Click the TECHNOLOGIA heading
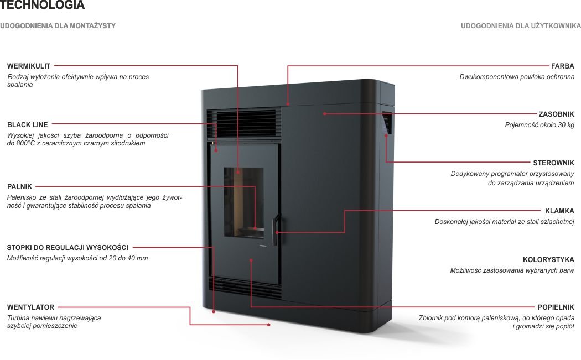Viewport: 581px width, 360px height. point(43,6)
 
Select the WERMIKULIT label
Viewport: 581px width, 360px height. point(29,66)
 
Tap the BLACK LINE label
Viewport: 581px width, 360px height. point(28,125)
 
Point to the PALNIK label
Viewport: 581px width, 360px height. point(20,187)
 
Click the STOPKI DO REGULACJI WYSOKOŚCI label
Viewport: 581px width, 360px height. point(68,247)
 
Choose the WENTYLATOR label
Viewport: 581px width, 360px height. point(31,307)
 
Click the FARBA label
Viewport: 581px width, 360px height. point(563,66)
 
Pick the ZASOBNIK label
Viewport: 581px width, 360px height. point(556,114)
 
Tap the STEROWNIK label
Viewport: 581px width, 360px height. point(553,163)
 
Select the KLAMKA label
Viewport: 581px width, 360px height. point(559,211)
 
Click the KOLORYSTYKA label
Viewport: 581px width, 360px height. point(548,259)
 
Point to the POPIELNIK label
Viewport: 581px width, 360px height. point(556,307)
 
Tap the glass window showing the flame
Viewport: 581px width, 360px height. point(244,202)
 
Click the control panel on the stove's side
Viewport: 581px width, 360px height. point(386,124)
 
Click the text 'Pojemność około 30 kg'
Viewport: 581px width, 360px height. point(539,125)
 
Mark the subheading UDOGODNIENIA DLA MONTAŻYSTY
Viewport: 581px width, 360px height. point(58,26)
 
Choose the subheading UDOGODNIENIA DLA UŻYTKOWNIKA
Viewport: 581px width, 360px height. point(521,26)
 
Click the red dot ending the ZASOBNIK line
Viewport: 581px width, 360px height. point(325,114)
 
